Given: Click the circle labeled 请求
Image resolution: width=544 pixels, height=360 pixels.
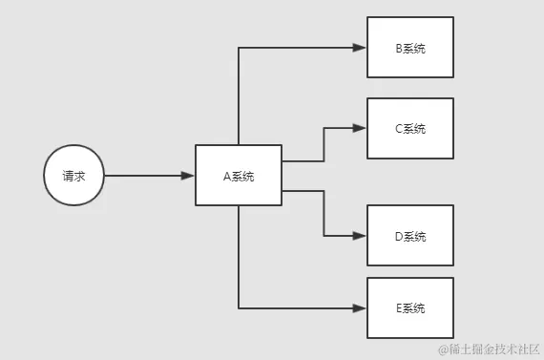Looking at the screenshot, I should coord(73,176).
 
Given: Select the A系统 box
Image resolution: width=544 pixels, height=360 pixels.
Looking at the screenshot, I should coord(238,176).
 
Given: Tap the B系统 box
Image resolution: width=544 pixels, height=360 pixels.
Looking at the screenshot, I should coord(409,47).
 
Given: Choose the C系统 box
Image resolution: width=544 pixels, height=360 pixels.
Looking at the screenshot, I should coord(409,128).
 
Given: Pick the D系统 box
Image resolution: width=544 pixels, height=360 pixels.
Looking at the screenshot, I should coord(409,236).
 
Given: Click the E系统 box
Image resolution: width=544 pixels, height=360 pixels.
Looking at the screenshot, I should coord(409,307).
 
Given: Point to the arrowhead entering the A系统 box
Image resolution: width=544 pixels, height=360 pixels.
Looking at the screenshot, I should coord(188,176).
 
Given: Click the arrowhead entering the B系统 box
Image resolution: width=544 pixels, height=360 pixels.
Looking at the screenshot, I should coord(361,47).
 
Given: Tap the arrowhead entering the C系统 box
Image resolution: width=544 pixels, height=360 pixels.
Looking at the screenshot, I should coord(361,128).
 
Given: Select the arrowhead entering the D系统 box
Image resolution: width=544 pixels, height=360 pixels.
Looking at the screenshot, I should coord(361,236).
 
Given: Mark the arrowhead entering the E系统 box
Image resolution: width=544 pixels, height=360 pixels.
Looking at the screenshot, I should coord(361,307).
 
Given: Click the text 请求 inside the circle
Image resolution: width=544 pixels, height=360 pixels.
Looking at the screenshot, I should coord(73,176).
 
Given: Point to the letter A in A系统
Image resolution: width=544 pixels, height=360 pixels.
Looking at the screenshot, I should coord(226,176).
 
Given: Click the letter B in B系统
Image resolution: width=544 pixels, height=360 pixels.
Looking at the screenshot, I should coord(398,47).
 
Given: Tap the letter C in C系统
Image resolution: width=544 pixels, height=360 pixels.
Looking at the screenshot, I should coord(398,128).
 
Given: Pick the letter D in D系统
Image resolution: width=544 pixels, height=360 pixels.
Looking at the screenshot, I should coord(398,236).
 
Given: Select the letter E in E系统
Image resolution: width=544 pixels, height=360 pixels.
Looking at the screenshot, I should coord(398,307).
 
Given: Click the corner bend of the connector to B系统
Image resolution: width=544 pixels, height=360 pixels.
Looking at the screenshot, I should coord(239,47).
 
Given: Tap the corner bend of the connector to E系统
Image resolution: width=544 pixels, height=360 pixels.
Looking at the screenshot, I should coord(239,307).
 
